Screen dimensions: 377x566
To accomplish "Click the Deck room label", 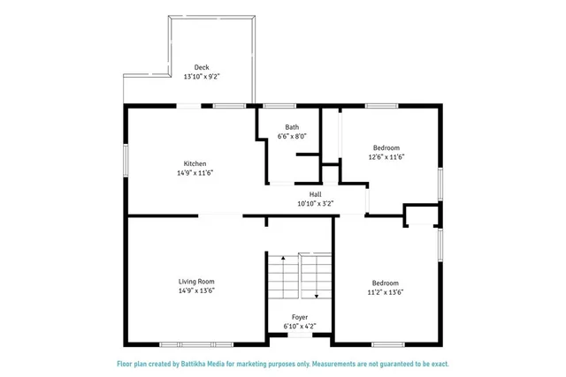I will (x=202, y=67).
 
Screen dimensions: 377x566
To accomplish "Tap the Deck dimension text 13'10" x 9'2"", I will (x=202, y=77).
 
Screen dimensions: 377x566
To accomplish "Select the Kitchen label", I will (x=195, y=163).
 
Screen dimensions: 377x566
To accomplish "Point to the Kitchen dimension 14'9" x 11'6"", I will (x=195, y=173).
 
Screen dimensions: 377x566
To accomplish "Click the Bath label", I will (x=292, y=127).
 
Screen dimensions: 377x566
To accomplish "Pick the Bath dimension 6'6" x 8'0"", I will (x=292, y=137).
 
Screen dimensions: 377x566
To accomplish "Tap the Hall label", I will (x=315, y=194).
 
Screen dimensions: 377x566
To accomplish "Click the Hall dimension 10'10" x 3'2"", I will (x=315, y=204).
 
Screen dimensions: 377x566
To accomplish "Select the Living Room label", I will (x=196, y=281).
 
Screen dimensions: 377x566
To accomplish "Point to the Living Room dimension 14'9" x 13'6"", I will (x=196, y=290).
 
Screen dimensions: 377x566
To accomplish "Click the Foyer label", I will (x=301, y=316).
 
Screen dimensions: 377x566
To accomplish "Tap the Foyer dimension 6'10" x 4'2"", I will (x=301, y=326).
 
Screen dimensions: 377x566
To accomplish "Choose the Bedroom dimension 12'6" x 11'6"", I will (x=386, y=157).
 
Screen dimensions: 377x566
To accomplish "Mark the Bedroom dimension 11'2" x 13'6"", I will (x=386, y=293).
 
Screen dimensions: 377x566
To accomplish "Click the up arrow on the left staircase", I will (x=283, y=260).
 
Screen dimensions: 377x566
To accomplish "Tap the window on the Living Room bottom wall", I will (x=196, y=343).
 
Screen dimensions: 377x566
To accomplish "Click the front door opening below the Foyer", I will (x=301, y=336).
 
